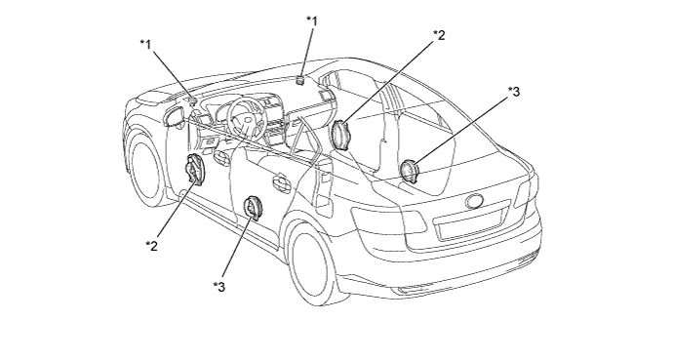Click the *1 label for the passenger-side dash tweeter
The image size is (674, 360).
click(312, 20)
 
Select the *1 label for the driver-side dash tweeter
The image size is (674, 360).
click(146, 44)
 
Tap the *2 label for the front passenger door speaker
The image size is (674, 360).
click(439, 35)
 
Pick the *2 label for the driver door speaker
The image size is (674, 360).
click(152, 246)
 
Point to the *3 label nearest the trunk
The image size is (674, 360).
click(514, 91)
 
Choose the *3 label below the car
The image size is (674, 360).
click(218, 287)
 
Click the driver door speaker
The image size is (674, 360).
click(194, 170)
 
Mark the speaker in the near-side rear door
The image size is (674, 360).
click(253, 209)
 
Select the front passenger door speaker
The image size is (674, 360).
click(341, 135)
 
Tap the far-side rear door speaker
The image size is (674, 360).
click(409, 171)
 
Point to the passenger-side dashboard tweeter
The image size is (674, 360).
click(299, 80)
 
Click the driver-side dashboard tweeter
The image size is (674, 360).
click(192, 101)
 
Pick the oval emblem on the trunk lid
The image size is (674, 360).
click(474, 201)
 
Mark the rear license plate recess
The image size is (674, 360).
click(470, 223)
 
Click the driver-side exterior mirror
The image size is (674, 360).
click(175, 117)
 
